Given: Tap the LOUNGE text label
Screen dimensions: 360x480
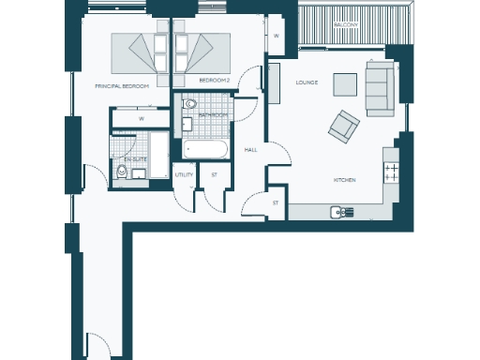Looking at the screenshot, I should coord(307,82).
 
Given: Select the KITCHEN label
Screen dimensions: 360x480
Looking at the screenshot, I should coord(344,179).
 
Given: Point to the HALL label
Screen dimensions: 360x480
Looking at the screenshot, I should coord(250,150).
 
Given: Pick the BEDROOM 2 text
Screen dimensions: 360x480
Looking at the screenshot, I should coord(215,81).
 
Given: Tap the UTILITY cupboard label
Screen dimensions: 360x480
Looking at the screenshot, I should coord(184,174).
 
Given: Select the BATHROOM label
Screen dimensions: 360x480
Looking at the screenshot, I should coord(213,114).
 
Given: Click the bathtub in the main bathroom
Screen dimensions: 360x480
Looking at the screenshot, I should coord(203,148).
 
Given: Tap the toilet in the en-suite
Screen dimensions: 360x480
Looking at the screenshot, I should coord(122,171).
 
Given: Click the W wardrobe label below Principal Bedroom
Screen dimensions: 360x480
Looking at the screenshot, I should coord(140,119).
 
